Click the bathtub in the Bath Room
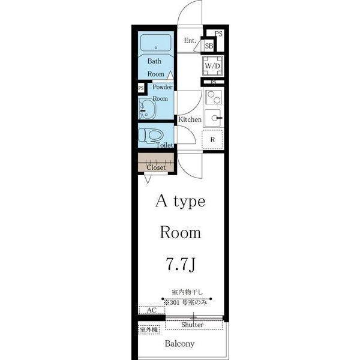156,43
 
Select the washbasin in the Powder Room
147,109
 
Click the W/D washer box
212,66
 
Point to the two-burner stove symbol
214,97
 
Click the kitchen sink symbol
213,118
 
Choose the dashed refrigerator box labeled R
212,140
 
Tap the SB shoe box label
209,46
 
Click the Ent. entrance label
190,41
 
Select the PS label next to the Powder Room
141,88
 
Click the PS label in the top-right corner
218,34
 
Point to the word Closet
156,167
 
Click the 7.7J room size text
181,264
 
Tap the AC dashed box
152,310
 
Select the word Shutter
192,325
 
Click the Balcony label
179,344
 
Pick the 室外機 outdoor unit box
149,330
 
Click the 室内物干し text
187,292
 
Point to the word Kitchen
190,119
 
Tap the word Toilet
164,145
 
